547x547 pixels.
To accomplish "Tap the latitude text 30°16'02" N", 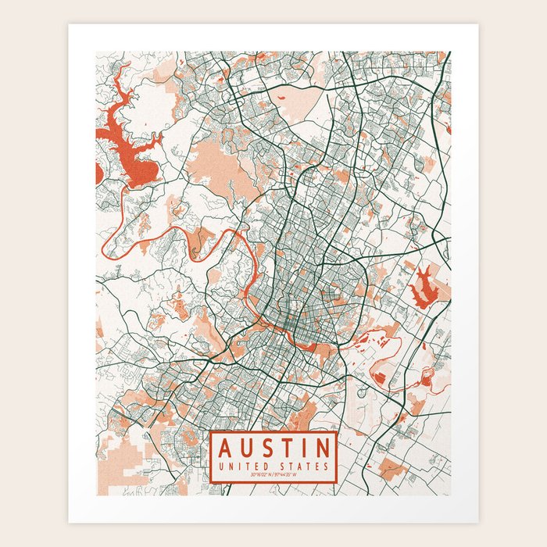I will [257, 475].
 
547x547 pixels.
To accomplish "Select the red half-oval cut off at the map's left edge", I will [98, 173].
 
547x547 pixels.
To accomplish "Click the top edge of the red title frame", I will [273, 431].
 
